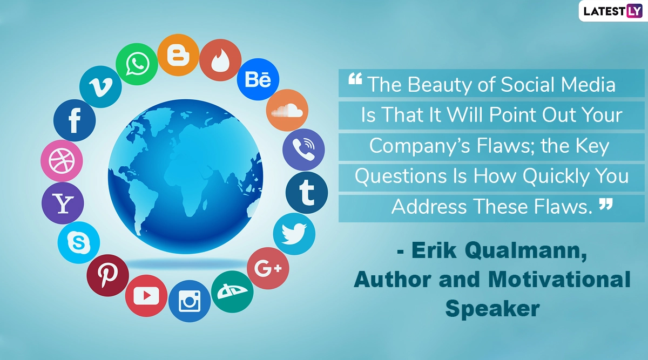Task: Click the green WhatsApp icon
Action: [x=137, y=64]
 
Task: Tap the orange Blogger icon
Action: [x=179, y=55]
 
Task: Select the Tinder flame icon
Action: [x=220, y=60]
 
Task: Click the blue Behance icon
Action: [x=258, y=79]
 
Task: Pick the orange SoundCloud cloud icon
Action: [x=287, y=110]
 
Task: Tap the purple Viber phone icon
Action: [x=303, y=150]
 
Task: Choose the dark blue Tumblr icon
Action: [x=307, y=193]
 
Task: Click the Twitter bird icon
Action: [x=294, y=234]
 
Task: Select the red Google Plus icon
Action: [x=268, y=268]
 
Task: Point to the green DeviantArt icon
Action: [x=232, y=292]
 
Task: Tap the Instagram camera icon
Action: [x=190, y=301]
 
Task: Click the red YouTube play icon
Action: [x=146, y=296]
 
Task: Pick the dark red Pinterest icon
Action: [x=107, y=275]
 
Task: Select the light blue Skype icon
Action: [x=79, y=242]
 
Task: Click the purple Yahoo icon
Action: [x=63, y=203]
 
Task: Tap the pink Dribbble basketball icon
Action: [x=62, y=161]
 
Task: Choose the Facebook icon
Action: [x=75, y=120]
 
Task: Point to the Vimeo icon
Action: [x=100, y=87]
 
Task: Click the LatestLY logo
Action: [x=613, y=11]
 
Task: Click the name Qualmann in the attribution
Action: [x=526, y=250]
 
